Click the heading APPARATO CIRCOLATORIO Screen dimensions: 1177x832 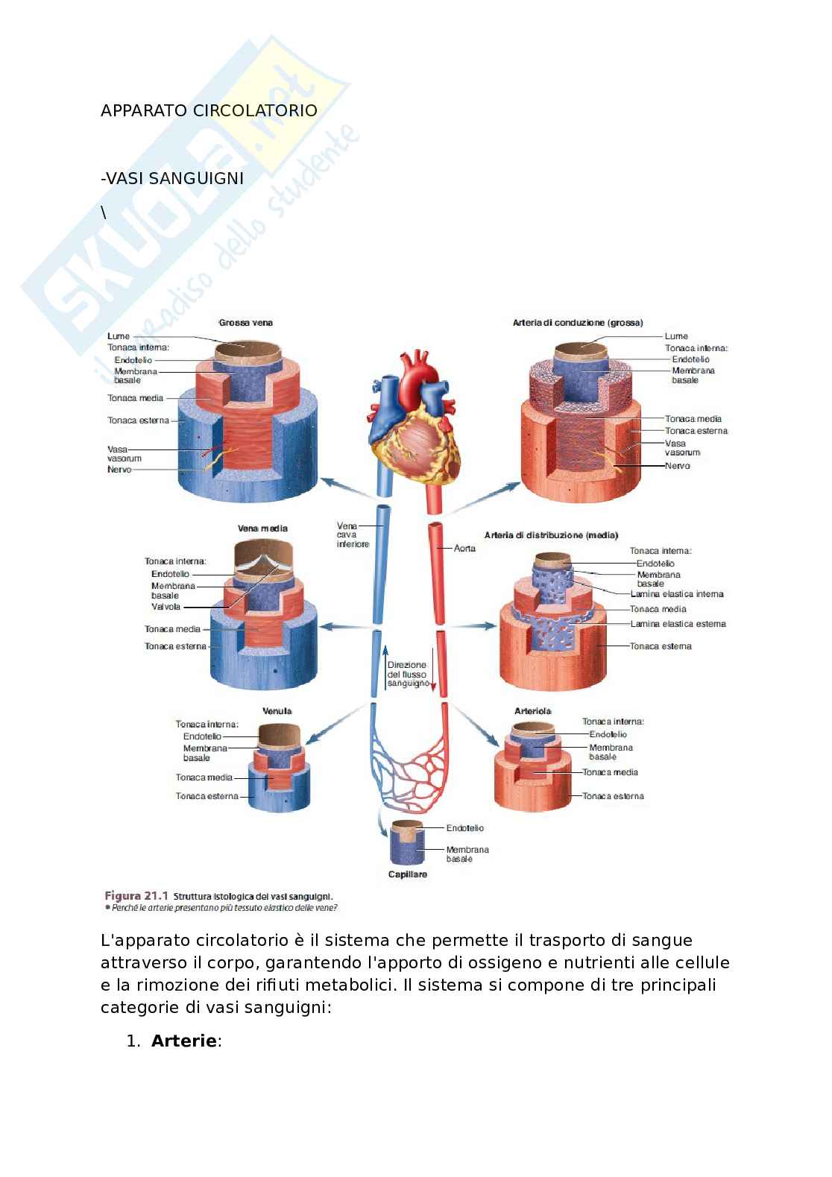pos(209,110)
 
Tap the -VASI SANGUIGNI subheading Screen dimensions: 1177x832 pos(172,178)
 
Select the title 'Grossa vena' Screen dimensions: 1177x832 pos(245,323)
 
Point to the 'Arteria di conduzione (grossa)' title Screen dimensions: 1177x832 pos(577,323)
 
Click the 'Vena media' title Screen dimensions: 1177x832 pos(262,528)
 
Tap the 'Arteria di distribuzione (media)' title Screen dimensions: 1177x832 pos(551,535)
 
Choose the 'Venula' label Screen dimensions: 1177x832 pos(277,711)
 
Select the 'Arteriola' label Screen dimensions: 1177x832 pos(532,711)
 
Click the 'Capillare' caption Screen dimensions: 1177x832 pos(408,874)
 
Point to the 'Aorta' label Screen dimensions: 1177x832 pos(464,549)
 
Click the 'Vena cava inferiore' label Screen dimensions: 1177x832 pos(352,535)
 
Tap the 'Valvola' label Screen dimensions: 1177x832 pos(166,607)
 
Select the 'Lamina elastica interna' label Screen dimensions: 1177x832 pos(677,594)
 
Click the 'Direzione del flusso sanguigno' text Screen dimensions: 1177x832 pos(407,674)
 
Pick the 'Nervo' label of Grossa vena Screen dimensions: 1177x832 pos(119,470)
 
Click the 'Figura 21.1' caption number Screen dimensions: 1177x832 pos(136,895)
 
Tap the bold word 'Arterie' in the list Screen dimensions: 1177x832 pos(183,1041)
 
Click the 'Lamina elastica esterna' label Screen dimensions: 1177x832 pos(678,624)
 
